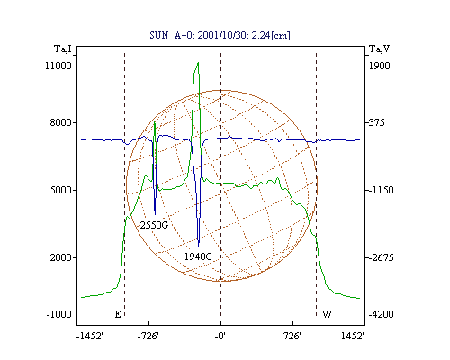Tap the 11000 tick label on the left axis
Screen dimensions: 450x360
58,66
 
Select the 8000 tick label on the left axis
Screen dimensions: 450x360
61,122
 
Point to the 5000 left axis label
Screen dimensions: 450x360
61,190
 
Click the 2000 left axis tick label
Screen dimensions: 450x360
61,257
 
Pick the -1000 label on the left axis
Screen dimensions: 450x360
59,314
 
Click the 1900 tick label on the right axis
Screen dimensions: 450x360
380,66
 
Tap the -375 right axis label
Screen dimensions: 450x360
376,122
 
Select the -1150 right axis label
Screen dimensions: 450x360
381,190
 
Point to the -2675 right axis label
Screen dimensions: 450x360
381,257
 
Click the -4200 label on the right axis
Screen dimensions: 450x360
381,314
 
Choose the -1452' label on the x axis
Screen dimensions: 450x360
90,336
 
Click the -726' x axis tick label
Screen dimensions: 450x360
148,336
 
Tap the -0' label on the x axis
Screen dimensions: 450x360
220,336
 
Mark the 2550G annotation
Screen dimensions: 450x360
154,225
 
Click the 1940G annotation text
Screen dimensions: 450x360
198,256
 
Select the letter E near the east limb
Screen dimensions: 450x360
118,314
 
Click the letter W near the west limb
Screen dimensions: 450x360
327,314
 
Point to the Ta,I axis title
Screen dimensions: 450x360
63,49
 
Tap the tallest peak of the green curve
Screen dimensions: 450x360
198,63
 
